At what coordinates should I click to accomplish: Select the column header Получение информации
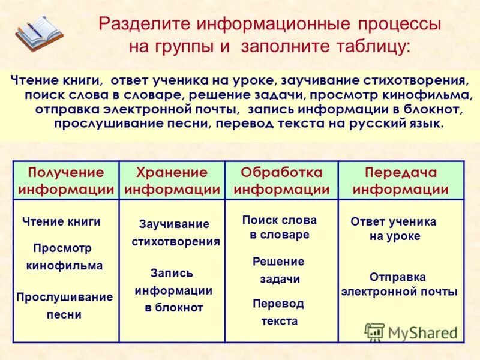(66, 181)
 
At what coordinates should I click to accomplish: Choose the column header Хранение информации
(172, 181)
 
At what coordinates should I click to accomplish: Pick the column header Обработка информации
(281, 181)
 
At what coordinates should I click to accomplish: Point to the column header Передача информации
(401, 181)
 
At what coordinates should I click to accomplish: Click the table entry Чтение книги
(61, 221)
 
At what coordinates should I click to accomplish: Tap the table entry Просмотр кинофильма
(64, 257)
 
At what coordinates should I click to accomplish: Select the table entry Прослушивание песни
(64, 305)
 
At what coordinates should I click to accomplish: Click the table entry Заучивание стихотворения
(175, 233)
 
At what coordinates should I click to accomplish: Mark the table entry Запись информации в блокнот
(173, 290)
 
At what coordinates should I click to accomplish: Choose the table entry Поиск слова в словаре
(280, 227)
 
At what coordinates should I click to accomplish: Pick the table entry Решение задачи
(279, 271)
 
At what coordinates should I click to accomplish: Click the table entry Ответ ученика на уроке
(394, 229)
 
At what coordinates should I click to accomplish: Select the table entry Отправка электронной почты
(399, 284)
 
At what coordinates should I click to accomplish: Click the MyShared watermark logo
(410, 332)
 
